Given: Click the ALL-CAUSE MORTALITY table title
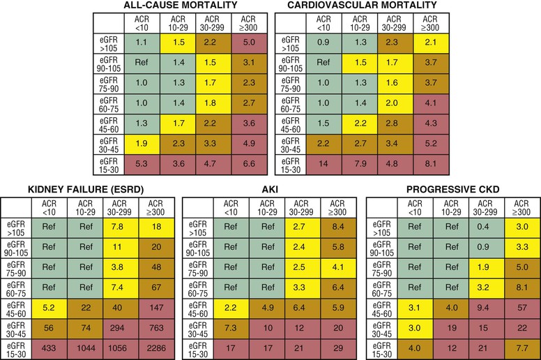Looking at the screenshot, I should [x=180, y=6].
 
